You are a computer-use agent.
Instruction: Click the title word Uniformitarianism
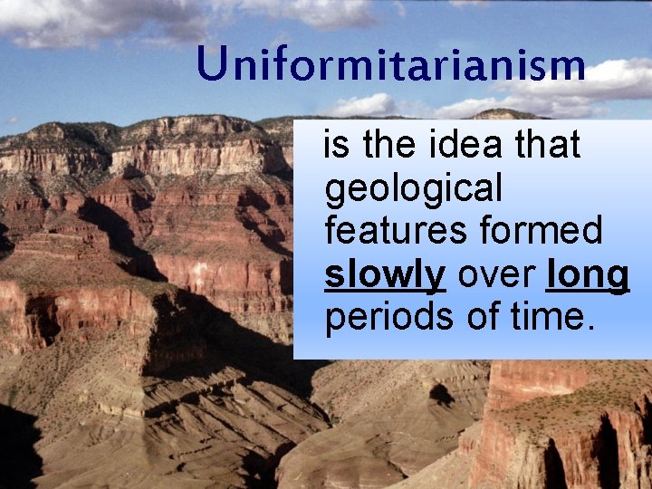click(x=390, y=65)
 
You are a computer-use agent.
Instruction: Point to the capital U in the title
click(x=211, y=63)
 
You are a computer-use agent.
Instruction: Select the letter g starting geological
click(x=333, y=193)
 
